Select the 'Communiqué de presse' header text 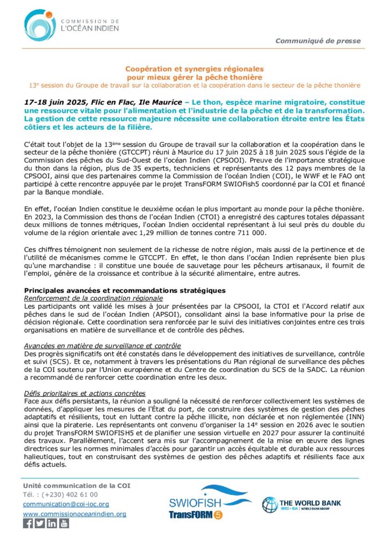point(318,41)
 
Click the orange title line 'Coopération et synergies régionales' point(195,69)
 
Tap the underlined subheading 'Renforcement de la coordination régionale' point(94,298)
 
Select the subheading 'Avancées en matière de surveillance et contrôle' point(103,346)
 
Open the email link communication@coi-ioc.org point(66,504)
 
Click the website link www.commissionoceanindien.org point(74,514)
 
